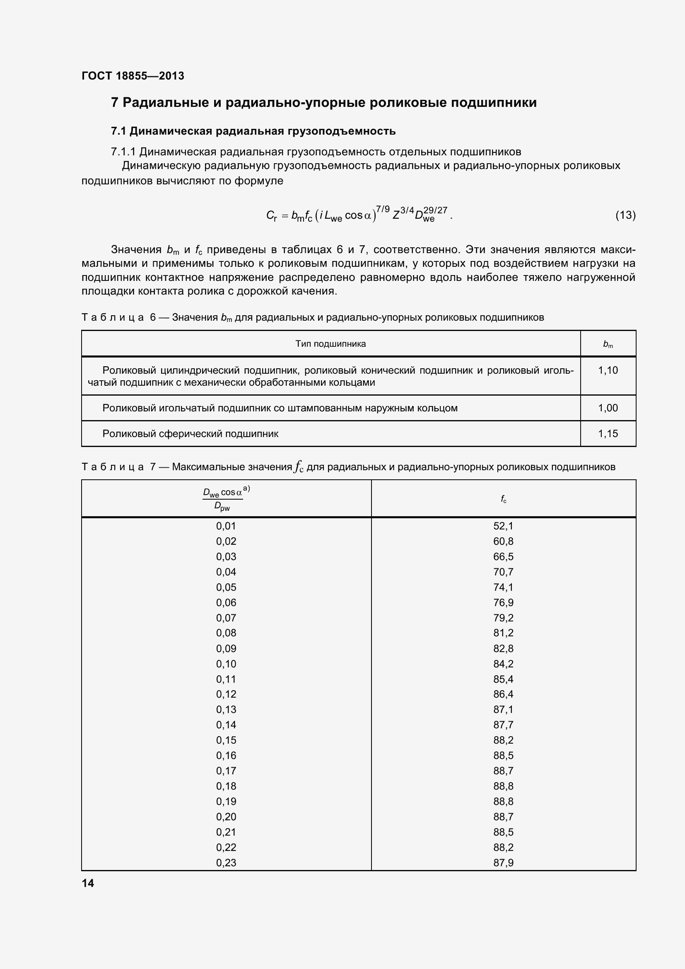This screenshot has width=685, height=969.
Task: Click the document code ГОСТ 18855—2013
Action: tap(133, 76)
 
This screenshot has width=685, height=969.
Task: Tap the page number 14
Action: tap(88, 883)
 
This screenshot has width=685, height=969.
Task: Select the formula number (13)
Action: tap(625, 215)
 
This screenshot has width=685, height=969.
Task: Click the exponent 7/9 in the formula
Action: tap(383, 209)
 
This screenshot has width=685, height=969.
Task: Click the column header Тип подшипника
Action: tap(330, 344)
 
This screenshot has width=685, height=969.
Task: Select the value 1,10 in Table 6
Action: tap(608, 370)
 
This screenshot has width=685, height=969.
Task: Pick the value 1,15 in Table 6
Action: tap(608, 434)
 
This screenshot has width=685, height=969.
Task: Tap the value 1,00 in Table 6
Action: tap(608, 408)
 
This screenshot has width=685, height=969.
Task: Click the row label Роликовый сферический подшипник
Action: tap(190, 434)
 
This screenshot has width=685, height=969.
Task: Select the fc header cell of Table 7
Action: tap(503, 499)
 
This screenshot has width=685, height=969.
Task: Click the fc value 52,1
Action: tap(503, 526)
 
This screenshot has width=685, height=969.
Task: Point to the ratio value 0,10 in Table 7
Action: tap(226, 664)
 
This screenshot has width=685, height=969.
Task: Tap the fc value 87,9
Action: tap(503, 863)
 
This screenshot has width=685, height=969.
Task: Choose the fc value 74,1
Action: tap(503, 587)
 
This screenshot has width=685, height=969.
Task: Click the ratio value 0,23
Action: tap(226, 863)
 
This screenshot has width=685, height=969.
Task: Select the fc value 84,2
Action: tap(503, 664)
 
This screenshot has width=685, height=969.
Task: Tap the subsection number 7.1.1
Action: tap(123, 152)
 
